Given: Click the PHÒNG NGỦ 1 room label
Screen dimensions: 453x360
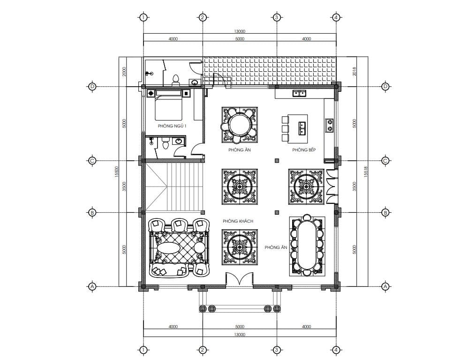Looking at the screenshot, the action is (x=172, y=126).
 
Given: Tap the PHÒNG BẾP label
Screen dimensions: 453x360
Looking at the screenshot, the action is (x=304, y=150).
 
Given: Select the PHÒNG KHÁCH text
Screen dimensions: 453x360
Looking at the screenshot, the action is (x=238, y=221).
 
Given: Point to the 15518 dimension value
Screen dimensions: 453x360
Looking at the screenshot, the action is (x=366, y=172).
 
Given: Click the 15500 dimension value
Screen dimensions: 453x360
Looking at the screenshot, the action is (x=117, y=172).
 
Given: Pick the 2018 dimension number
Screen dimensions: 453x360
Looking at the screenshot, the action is (x=355, y=71).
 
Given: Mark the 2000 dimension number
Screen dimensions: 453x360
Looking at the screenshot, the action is (x=124, y=71).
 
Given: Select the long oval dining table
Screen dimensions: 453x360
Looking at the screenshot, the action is (x=307, y=245).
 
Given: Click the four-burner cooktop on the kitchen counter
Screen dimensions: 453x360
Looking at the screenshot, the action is (x=329, y=125).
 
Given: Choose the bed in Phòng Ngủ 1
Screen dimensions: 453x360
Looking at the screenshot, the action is (x=168, y=105).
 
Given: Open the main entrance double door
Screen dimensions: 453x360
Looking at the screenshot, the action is (x=240, y=279).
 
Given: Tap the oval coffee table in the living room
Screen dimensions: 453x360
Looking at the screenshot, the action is (x=169, y=247).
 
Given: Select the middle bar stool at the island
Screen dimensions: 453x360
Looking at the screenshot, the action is (x=285, y=128).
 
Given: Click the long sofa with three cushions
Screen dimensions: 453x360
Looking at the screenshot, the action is (x=169, y=270).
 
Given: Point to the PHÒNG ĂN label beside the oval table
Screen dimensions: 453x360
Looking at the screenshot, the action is (x=276, y=247).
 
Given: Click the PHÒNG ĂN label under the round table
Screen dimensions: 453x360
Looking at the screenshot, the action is (x=240, y=150).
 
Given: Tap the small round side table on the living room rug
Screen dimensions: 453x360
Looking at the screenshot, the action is (x=199, y=247).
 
